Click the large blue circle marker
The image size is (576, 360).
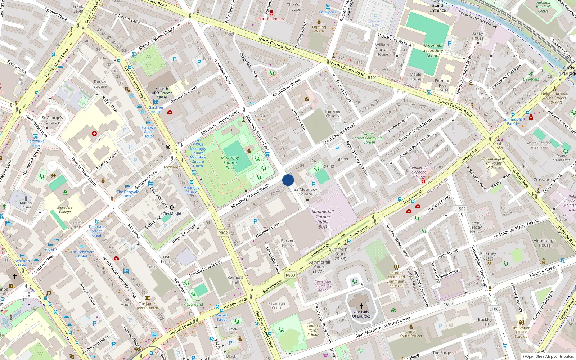point(288,180)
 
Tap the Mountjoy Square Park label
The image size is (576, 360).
point(230,163)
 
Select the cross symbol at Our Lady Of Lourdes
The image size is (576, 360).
point(361,306)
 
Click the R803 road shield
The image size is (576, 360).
point(290,275)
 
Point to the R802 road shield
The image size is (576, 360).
point(223,233)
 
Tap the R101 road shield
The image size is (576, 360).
point(372,77)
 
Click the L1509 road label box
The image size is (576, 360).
point(460,209)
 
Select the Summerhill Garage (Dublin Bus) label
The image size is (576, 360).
point(323,219)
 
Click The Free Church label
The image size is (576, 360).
point(332,114)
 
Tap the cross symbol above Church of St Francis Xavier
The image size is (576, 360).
point(162,83)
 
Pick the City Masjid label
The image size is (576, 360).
point(172,214)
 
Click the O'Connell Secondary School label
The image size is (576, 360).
point(433,50)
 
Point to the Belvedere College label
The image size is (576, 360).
point(65,210)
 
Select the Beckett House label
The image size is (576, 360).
point(288,243)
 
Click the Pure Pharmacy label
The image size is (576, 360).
point(271,19)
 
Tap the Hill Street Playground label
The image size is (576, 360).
point(193,302)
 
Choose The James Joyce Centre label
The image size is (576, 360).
point(148,306)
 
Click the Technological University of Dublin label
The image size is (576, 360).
point(494,163)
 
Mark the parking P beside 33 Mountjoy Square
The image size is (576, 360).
point(314,184)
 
